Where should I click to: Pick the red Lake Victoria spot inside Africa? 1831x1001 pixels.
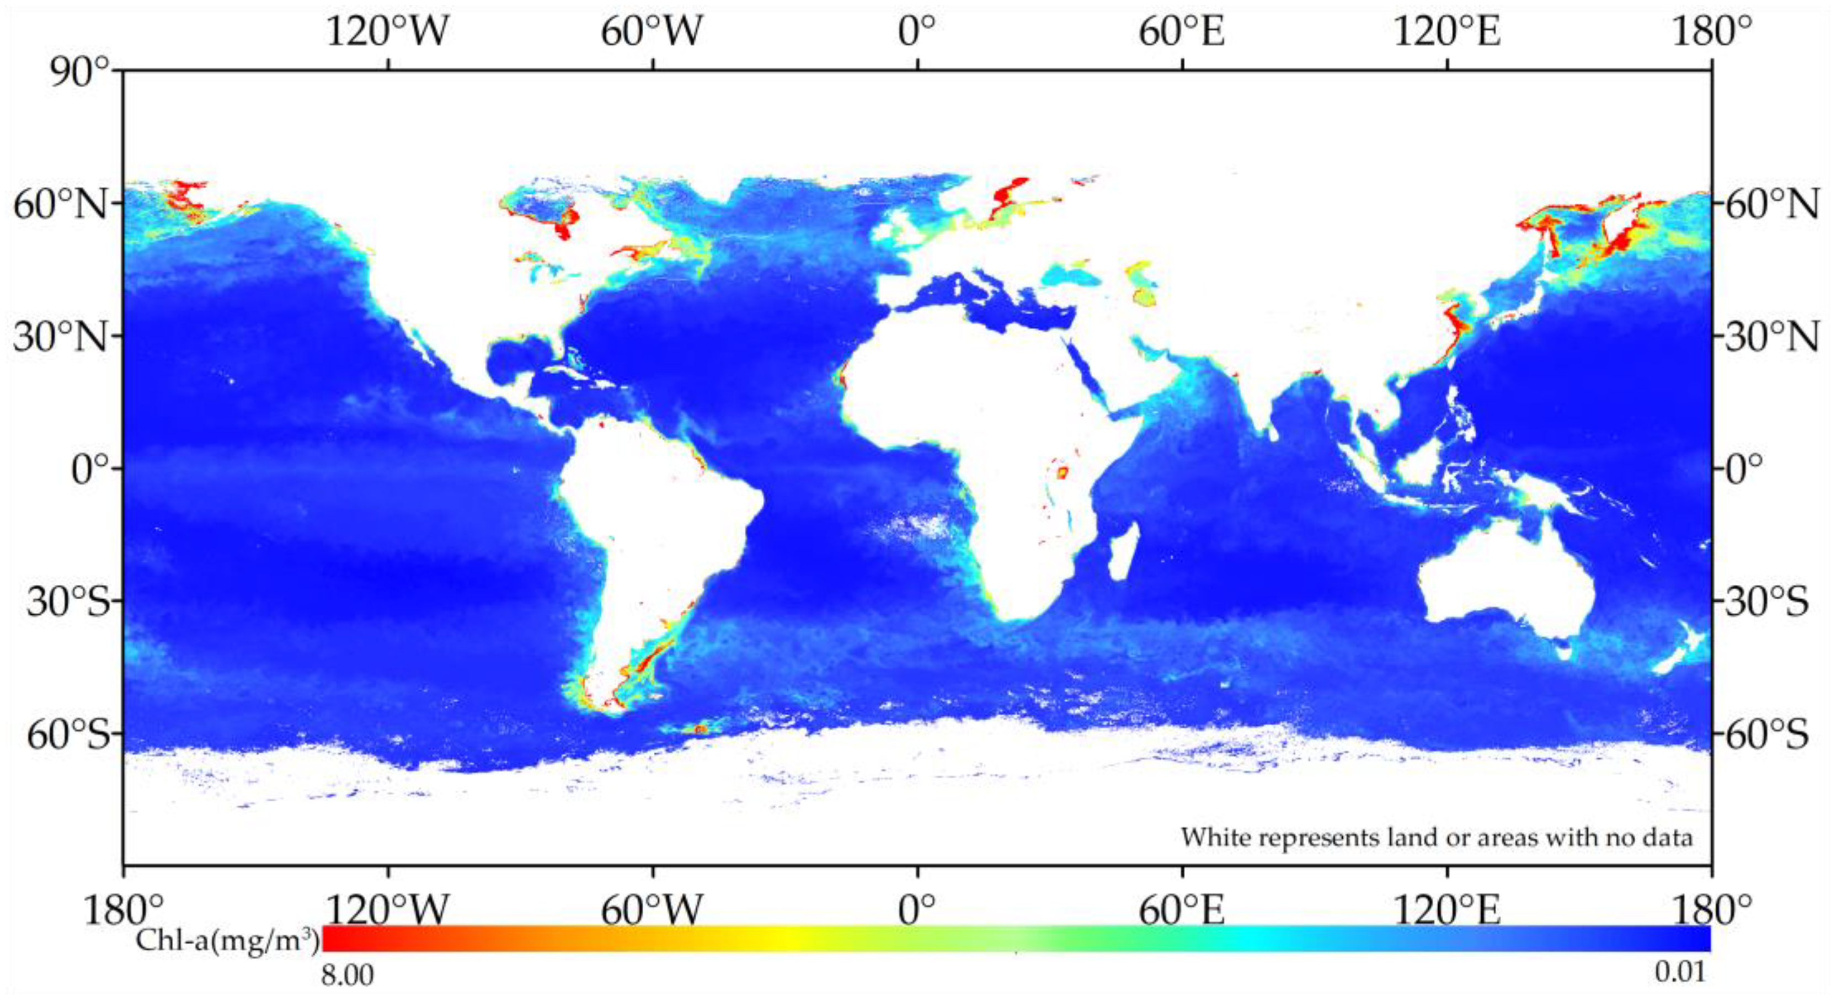pyautogui.click(x=1063, y=472)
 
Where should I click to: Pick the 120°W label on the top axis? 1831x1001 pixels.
pyautogui.click(x=387, y=32)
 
